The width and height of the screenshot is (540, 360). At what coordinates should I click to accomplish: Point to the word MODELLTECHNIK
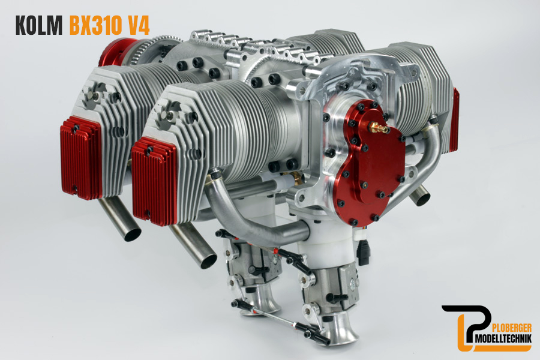[502, 340]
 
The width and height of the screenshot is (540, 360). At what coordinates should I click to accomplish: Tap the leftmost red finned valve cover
[81, 158]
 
